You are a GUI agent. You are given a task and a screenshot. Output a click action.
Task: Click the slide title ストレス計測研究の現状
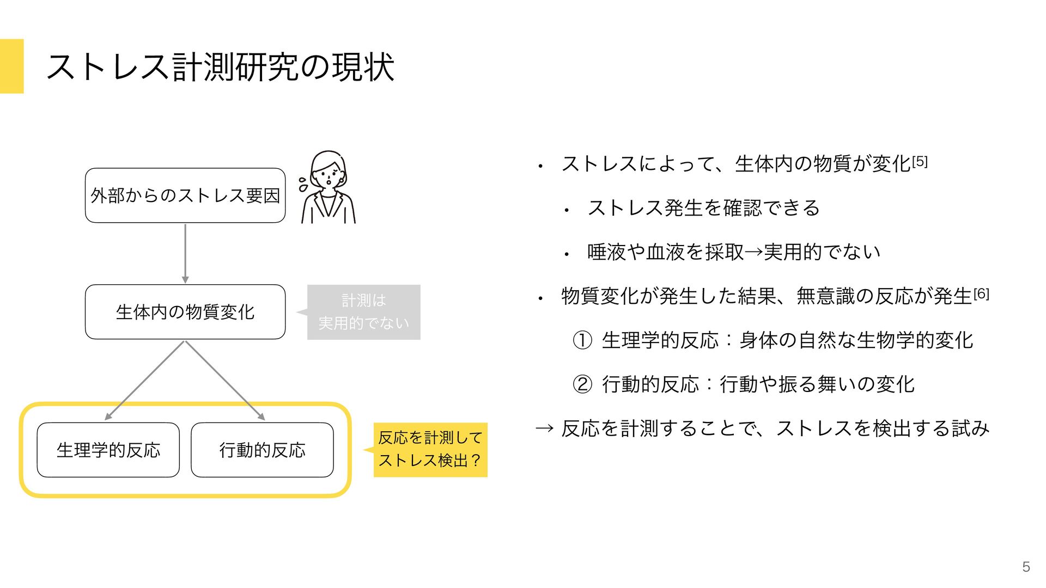[x=220, y=68]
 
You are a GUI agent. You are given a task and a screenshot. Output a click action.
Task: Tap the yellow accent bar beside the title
[x=11, y=66]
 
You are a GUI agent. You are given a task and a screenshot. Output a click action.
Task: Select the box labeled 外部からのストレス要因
[x=185, y=195]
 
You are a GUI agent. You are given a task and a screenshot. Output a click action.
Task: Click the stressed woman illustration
[x=327, y=188]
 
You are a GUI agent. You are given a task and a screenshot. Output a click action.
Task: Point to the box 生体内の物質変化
[x=185, y=312]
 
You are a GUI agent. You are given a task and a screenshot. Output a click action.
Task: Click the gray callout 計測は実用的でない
[x=363, y=312]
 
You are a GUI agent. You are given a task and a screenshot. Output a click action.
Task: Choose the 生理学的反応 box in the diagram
[x=108, y=450]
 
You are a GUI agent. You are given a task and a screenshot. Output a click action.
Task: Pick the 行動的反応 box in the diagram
[x=262, y=450]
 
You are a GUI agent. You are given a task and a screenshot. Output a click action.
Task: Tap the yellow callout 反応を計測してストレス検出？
[x=430, y=450]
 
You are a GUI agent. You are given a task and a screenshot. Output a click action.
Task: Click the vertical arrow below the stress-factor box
[x=185, y=253]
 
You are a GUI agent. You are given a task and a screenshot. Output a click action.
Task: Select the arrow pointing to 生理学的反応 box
[x=145, y=381]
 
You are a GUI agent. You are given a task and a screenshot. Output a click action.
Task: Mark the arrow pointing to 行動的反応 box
[x=225, y=381]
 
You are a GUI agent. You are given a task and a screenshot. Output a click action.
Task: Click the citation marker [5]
[x=920, y=162]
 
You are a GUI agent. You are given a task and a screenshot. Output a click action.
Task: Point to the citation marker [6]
[x=981, y=294]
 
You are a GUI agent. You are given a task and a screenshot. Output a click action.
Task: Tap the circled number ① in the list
[x=582, y=341]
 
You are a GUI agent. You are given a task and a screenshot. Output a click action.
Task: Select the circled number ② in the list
[x=582, y=385]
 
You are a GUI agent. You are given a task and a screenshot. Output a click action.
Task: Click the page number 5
[x=1026, y=567]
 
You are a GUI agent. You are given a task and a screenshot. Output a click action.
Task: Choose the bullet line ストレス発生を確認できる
[x=703, y=208]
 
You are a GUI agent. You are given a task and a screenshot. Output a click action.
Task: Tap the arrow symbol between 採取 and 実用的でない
[x=753, y=252]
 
